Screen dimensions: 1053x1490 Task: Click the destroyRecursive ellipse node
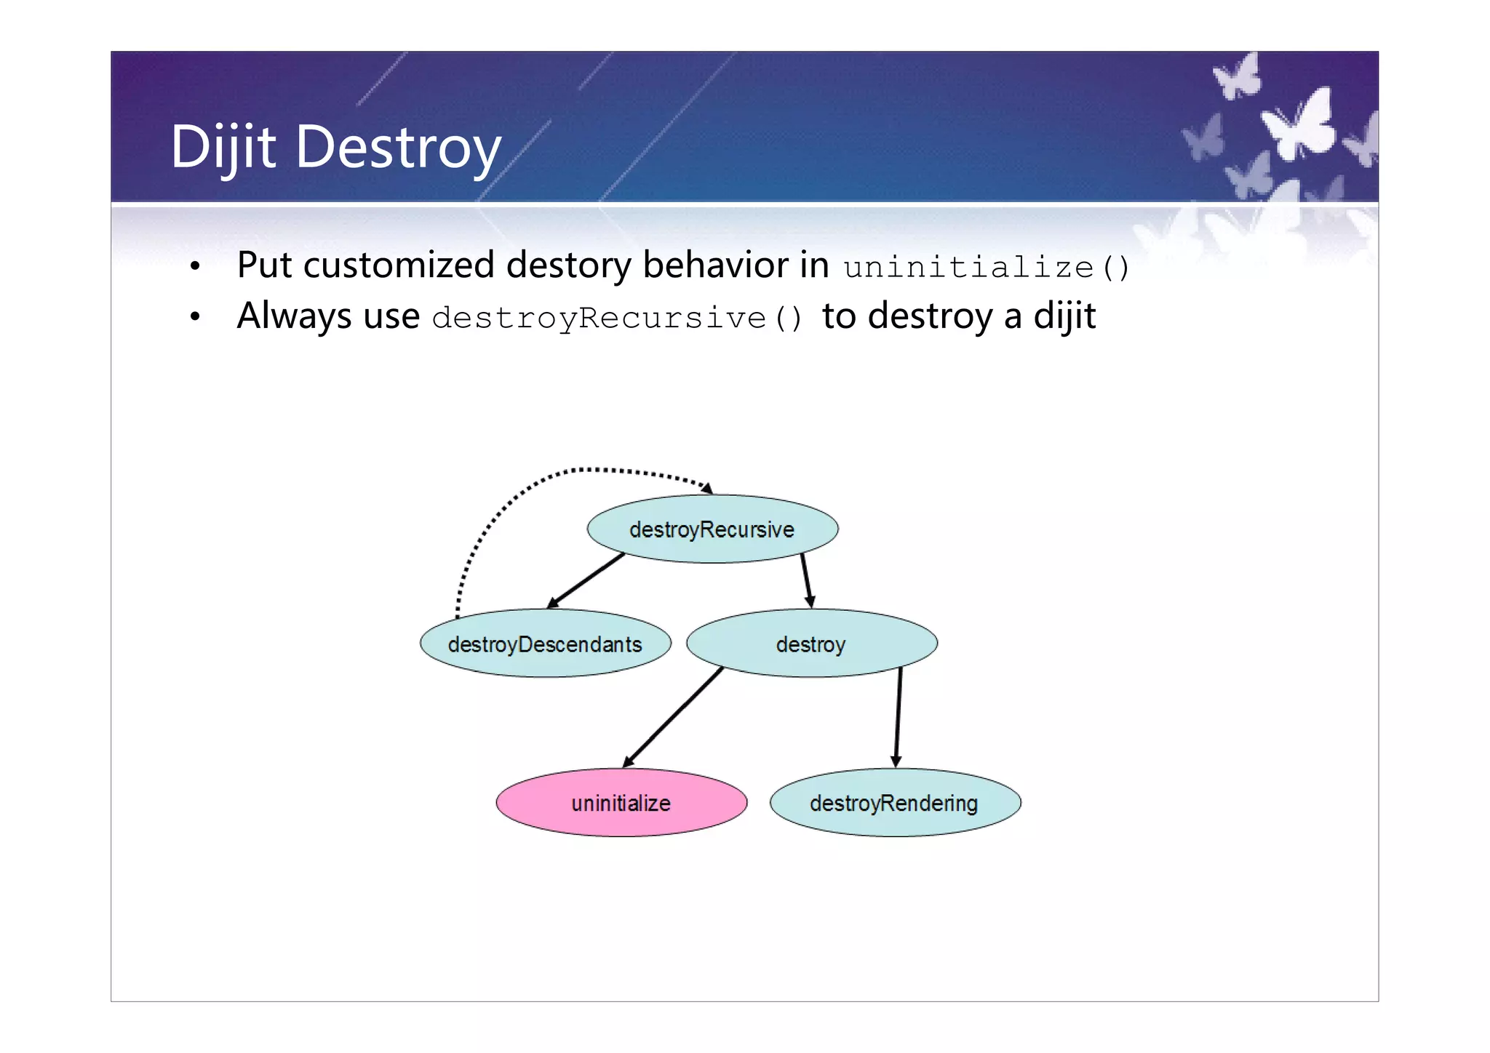click(712, 529)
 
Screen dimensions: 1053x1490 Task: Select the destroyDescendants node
click(545, 644)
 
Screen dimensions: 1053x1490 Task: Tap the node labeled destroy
click(811, 644)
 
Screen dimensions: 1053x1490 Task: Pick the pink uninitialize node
click(621, 803)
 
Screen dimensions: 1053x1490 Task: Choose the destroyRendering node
click(895, 803)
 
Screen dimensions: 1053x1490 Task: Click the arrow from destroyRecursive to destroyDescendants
click(586, 580)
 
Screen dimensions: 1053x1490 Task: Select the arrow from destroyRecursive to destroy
click(806, 580)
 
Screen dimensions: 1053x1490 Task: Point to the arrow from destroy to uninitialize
click(673, 717)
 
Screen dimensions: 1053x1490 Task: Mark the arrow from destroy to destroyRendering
click(899, 717)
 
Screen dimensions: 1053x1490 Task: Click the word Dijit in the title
click(223, 148)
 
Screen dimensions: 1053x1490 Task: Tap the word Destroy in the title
click(398, 148)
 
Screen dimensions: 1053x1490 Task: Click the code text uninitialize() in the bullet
click(986, 268)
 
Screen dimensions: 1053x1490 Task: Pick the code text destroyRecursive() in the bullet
click(617, 319)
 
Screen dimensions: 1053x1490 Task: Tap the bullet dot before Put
click(194, 267)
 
